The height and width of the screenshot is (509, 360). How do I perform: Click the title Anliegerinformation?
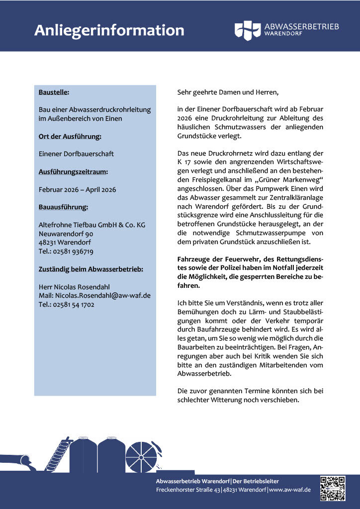[x=109, y=30]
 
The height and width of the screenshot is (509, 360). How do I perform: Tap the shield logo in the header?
[x=247, y=30]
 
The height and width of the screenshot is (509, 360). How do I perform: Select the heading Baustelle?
[x=54, y=92]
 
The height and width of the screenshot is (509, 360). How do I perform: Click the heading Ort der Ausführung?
[x=70, y=136]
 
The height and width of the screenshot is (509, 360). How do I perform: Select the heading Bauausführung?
[x=63, y=207]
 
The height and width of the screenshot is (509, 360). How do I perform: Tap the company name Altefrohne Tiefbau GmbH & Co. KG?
[x=92, y=225]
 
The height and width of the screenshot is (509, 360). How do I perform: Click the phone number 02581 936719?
[x=73, y=252]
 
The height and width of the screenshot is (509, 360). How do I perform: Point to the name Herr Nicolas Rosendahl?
[x=74, y=287]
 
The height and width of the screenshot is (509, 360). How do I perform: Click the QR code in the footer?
[x=333, y=488]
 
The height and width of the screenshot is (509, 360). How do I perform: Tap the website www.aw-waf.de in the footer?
[x=290, y=490]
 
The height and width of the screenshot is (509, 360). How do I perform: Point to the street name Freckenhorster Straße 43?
[x=188, y=490]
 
